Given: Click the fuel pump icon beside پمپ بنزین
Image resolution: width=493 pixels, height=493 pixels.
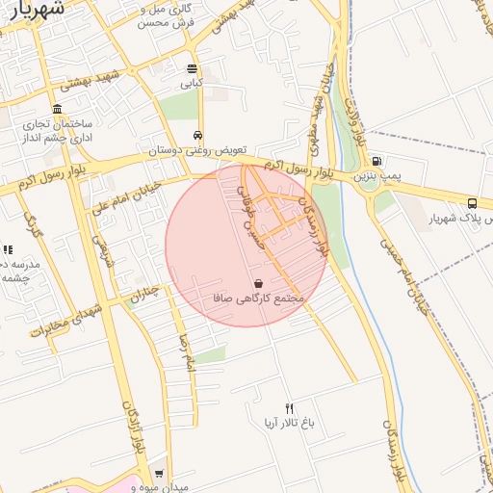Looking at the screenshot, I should [376, 161].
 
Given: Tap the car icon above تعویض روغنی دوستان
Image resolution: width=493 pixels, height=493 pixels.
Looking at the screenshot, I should [197, 136].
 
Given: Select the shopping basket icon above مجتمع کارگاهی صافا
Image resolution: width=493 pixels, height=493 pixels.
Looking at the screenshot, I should [258, 284].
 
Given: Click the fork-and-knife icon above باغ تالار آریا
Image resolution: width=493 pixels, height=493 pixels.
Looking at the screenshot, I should [289, 408].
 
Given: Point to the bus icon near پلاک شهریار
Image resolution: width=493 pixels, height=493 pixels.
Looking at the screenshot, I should [472, 203].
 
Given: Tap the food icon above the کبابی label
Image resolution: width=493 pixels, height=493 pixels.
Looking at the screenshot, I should [192, 69].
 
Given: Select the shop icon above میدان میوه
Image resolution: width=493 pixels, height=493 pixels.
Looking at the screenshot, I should [159, 474].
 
